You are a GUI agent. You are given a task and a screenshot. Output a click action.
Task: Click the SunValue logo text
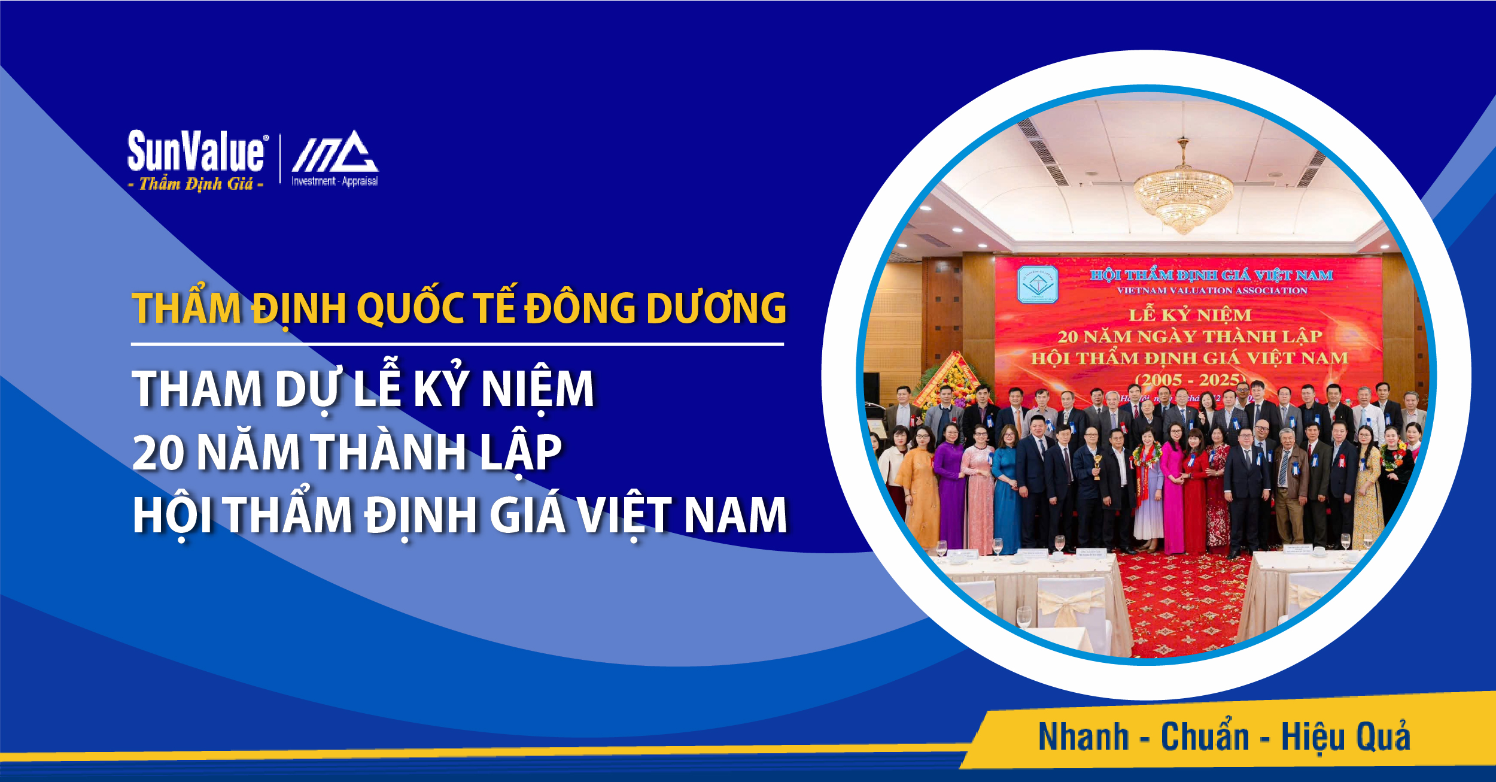pos(196,151)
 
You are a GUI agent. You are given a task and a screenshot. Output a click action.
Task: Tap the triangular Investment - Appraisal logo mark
pos(335,152)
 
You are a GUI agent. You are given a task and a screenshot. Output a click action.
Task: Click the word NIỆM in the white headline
pos(537,389)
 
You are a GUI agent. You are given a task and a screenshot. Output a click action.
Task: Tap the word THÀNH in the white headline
pos(389,452)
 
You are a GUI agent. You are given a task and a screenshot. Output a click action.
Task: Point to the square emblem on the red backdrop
pos(1038,284)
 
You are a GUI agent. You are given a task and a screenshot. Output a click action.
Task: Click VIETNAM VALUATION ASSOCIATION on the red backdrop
pos(1212,290)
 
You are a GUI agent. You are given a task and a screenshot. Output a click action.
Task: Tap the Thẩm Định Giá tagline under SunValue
pos(196,184)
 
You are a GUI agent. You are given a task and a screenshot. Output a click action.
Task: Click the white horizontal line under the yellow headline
pos(457,344)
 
